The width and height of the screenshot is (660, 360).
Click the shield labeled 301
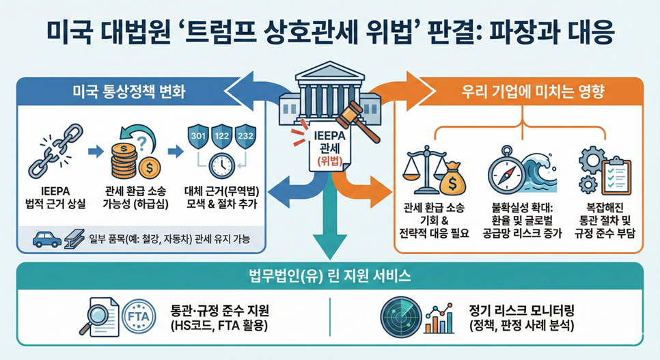(197, 136)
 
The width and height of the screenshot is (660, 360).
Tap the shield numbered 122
(221, 136)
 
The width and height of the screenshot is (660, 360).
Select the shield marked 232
(245, 136)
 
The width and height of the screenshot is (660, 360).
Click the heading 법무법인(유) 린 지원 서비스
(329, 277)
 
